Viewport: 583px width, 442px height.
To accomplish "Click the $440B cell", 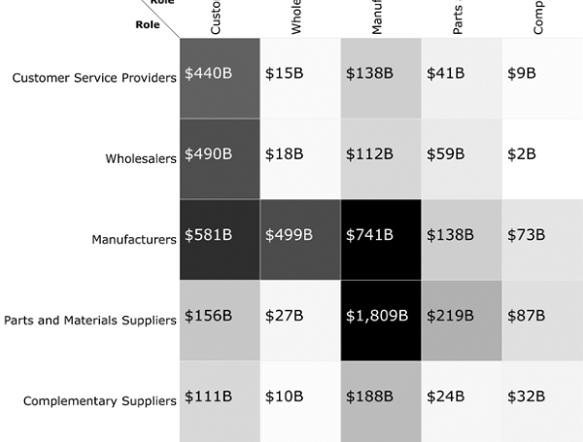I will pyautogui.click(x=220, y=78).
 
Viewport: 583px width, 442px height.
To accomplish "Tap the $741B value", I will pyautogui.click(x=381, y=239).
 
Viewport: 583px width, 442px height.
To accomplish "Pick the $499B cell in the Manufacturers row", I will pyautogui.click(x=300, y=239).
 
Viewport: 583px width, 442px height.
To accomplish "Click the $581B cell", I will pyautogui.click(x=220, y=239).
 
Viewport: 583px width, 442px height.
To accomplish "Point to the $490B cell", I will pyautogui.click(x=220, y=158).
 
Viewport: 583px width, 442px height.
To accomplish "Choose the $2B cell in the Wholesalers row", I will pyautogui.click(x=542, y=158).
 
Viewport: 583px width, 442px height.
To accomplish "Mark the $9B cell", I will pyautogui.click(x=542, y=78).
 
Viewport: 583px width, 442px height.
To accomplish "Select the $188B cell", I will pyautogui.click(x=381, y=400).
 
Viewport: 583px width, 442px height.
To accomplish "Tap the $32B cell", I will pyautogui.click(x=542, y=400).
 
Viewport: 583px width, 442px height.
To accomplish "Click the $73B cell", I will pyautogui.click(x=542, y=239).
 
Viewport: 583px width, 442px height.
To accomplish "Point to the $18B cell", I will pyautogui.click(x=300, y=158).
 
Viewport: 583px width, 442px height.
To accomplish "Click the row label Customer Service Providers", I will pyautogui.click(x=94, y=78).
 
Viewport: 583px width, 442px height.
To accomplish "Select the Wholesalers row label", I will pyautogui.click(x=141, y=158).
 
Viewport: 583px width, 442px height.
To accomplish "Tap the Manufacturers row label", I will pyautogui.click(x=134, y=239).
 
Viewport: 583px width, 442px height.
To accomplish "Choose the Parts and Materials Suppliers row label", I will pyautogui.click(x=90, y=321).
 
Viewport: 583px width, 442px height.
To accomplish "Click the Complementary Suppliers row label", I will pyautogui.click(x=100, y=400).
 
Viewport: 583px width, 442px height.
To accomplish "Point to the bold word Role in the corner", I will pyautogui.click(x=148, y=24).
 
